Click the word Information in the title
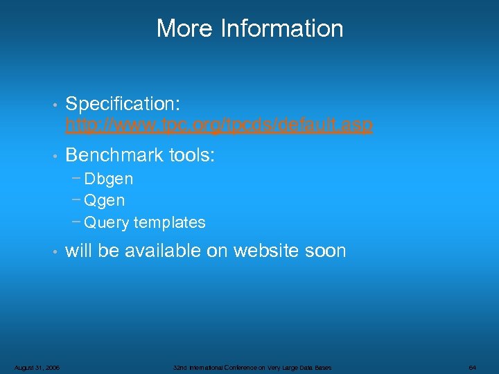pyautogui.click(x=281, y=28)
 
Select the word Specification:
pyautogui.click(x=123, y=104)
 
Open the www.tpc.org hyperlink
pyautogui.click(x=219, y=125)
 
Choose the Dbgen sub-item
pyautogui.click(x=109, y=179)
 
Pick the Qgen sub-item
pyautogui.click(x=105, y=201)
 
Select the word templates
pyautogui.click(x=170, y=222)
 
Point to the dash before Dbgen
pyautogui.click(x=76, y=178)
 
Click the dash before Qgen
pyautogui.click(x=76, y=200)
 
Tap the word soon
pyautogui.click(x=324, y=251)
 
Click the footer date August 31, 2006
pyautogui.click(x=37, y=367)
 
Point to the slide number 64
pyautogui.click(x=472, y=367)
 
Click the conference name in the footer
pyautogui.click(x=252, y=367)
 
